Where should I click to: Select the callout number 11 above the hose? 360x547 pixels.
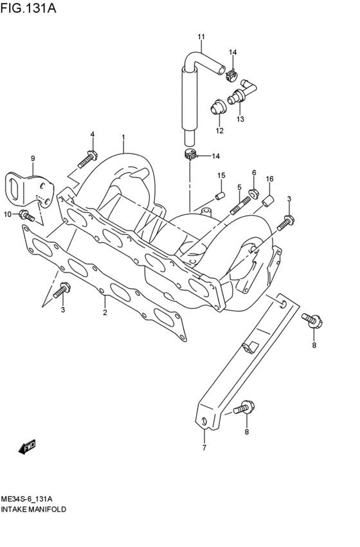point(201,37)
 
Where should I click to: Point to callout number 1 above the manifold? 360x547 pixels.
point(123,137)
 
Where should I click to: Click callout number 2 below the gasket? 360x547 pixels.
point(104,312)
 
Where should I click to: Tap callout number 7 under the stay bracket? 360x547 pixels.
point(204,447)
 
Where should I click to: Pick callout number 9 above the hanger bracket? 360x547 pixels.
point(32,158)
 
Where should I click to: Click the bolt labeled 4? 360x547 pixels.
point(89,156)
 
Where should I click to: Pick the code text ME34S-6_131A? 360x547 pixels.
point(26,498)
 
